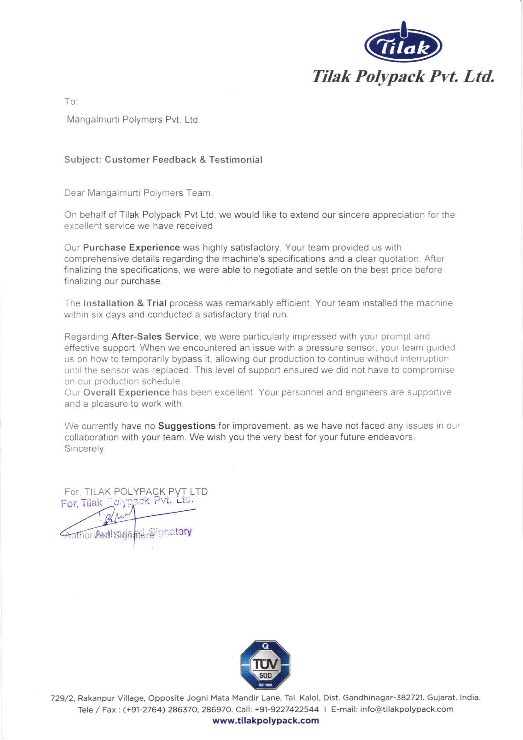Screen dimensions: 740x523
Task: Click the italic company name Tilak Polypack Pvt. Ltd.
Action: [403, 77]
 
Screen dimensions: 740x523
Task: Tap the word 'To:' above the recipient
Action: [71, 102]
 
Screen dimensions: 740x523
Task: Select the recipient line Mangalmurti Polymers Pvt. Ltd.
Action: [133, 120]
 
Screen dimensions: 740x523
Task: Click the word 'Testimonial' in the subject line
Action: [236, 160]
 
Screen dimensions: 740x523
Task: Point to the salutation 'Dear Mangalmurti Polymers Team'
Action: [138, 193]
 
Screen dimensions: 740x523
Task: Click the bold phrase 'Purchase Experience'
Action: [131, 248]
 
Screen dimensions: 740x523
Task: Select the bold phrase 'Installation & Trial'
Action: [125, 303]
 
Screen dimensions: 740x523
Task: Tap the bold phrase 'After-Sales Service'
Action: [155, 337]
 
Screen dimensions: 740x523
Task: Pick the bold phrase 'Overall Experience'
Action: [126, 392]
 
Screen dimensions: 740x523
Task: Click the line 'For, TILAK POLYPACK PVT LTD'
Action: [136, 491]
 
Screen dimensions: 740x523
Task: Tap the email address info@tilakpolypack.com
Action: [406, 709]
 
